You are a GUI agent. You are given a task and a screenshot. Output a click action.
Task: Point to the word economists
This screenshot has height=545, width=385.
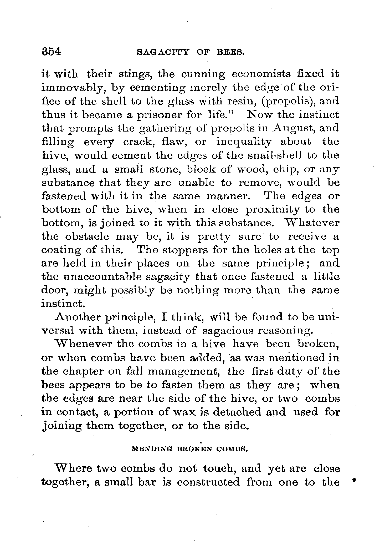[261, 74]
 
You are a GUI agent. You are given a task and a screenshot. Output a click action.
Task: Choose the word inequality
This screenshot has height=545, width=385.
[244, 142]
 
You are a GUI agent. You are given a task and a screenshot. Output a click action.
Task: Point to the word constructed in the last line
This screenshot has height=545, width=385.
[208, 482]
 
